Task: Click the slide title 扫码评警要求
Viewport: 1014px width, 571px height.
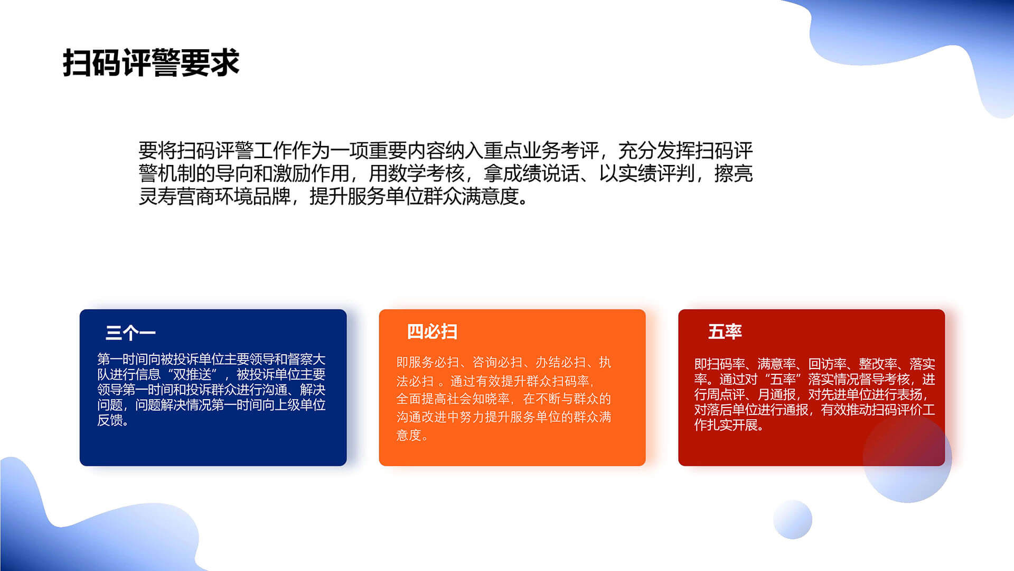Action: click(x=151, y=63)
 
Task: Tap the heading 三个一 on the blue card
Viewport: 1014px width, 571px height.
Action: click(x=130, y=333)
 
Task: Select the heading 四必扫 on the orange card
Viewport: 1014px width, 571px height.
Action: click(x=432, y=331)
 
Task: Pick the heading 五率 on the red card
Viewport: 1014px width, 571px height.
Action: click(x=725, y=331)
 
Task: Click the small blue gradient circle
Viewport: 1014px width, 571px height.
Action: click(x=792, y=519)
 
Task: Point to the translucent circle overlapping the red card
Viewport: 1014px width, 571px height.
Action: click(x=907, y=458)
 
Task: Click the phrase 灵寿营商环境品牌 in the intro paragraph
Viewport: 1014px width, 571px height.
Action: click(x=214, y=196)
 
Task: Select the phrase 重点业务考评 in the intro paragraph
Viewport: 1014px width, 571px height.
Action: click(x=541, y=151)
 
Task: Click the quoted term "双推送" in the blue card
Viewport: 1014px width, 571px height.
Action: click(x=192, y=374)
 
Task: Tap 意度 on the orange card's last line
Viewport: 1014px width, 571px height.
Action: click(x=409, y=435)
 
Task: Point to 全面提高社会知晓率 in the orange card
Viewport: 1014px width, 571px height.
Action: click(x=453, y=399)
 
